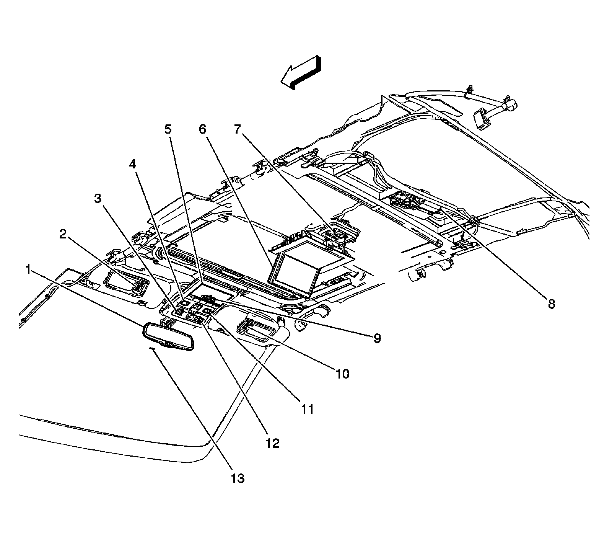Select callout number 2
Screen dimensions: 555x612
tap(63, 235)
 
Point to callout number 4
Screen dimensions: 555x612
tap(132, 165)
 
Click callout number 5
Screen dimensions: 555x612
tap(168, 129)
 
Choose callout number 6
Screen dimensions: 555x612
tap(202, 129)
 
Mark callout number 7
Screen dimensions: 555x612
tap(238, 129)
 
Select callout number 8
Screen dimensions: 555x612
tap(551, 304)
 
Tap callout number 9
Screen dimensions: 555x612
tap(377, 338)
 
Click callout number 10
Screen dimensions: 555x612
tap(342, 374)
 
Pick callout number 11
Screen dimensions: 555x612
tap(307, 409)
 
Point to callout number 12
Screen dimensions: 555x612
tap(273, 443)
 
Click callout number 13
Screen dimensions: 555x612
tap(238, 478)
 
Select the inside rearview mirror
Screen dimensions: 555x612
tap(168, 337)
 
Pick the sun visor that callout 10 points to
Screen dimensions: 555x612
tap(260, 329)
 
